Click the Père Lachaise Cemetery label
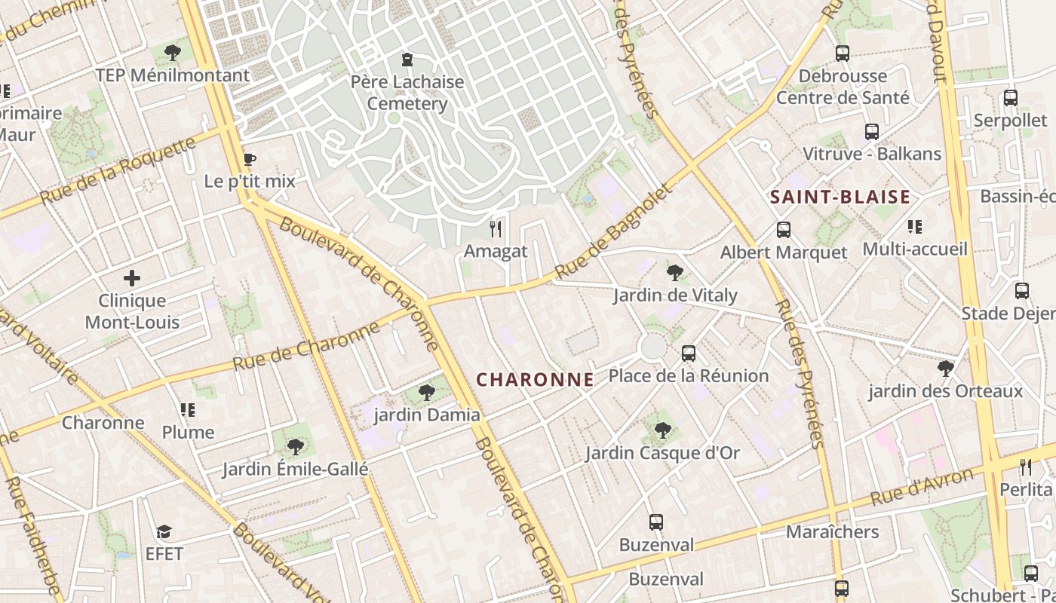407,92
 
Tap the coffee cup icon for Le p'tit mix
249,159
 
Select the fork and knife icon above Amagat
496,228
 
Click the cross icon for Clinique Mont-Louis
132,278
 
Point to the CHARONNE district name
535,380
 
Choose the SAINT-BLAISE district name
840,197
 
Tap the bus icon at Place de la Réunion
688,353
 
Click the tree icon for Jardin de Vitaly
674,272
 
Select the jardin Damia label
427,415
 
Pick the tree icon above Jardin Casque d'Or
662,430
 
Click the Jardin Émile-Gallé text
295,469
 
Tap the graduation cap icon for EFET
164,532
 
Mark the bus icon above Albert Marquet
784,229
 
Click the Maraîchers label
832,531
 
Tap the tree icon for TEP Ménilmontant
173,52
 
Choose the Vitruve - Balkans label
871,154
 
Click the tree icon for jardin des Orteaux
945,368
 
